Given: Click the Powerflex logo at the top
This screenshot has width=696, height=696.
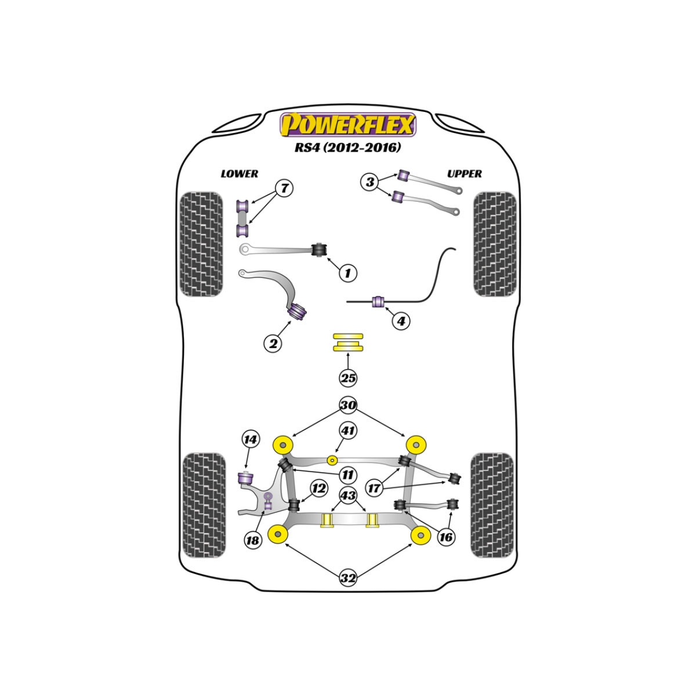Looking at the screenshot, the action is pyautogui.click(x=348, y=125).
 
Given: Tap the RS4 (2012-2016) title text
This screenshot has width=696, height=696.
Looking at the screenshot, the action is pyautogui.click(x=347, y=148).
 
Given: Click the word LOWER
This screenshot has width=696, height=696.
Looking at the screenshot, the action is pyautogui.click(x=240, y=174).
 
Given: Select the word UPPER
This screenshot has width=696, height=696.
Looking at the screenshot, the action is pyautogui.click(x=464, y=174).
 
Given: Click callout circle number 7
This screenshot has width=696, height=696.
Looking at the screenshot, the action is pyautogui.click(x=284, y=188).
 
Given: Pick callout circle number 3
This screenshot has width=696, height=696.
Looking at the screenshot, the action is pyautogui.click(x=369, y=182).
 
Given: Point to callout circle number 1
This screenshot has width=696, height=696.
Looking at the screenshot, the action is pyautogui.click(x=348, y=273).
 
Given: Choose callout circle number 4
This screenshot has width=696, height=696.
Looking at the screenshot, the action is pyautogui.click(x=401, y=320).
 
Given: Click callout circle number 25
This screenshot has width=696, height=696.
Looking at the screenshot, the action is pyautogui.click(x=348, y=379).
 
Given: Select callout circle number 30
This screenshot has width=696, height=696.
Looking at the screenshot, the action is pyautogui.click(x=348, y=405).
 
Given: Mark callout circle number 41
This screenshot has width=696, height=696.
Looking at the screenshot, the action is pyautogui.click(x=348, y=431).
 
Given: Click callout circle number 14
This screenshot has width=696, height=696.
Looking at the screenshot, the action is pyautogui.click(x=251, y=440).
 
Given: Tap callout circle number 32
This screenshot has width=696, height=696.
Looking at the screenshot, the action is pyautogui.click(x=348, y=578).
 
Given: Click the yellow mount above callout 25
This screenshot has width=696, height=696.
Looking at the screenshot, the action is pyautogui.click(x=348, y=342).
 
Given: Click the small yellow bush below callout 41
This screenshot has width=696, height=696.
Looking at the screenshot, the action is pyautogui.click(x=332, y=460).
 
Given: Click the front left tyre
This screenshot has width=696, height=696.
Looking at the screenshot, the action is pyautogui.click(x=201, y=244).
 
